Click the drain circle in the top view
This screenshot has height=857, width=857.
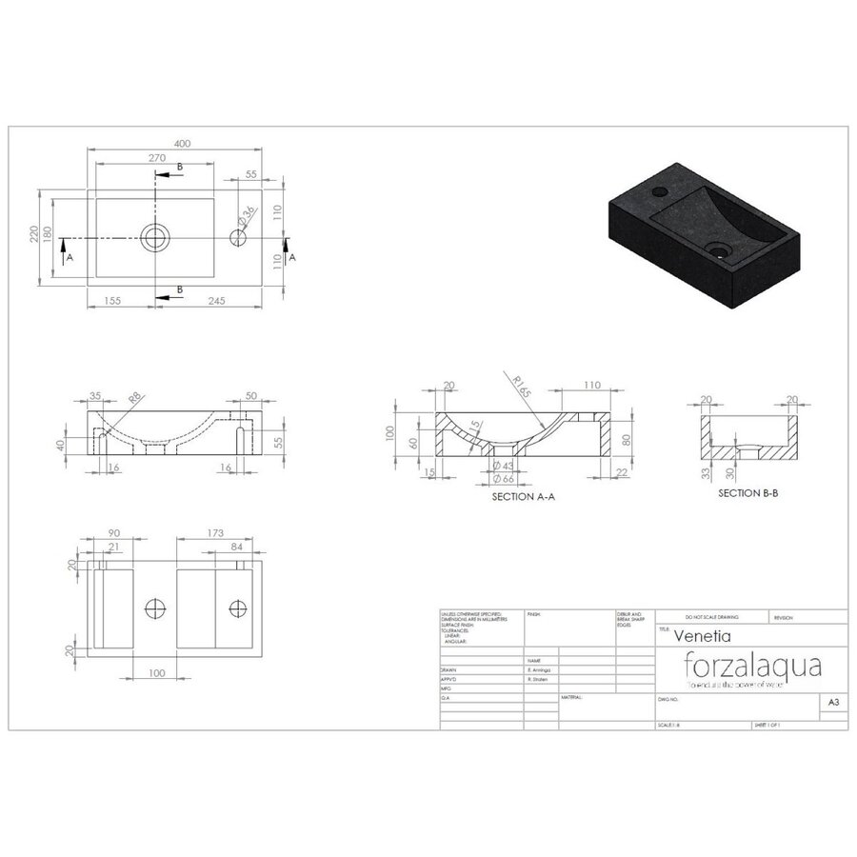click(x=154, y=236)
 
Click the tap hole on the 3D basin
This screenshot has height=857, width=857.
click(x=658, y=193)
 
